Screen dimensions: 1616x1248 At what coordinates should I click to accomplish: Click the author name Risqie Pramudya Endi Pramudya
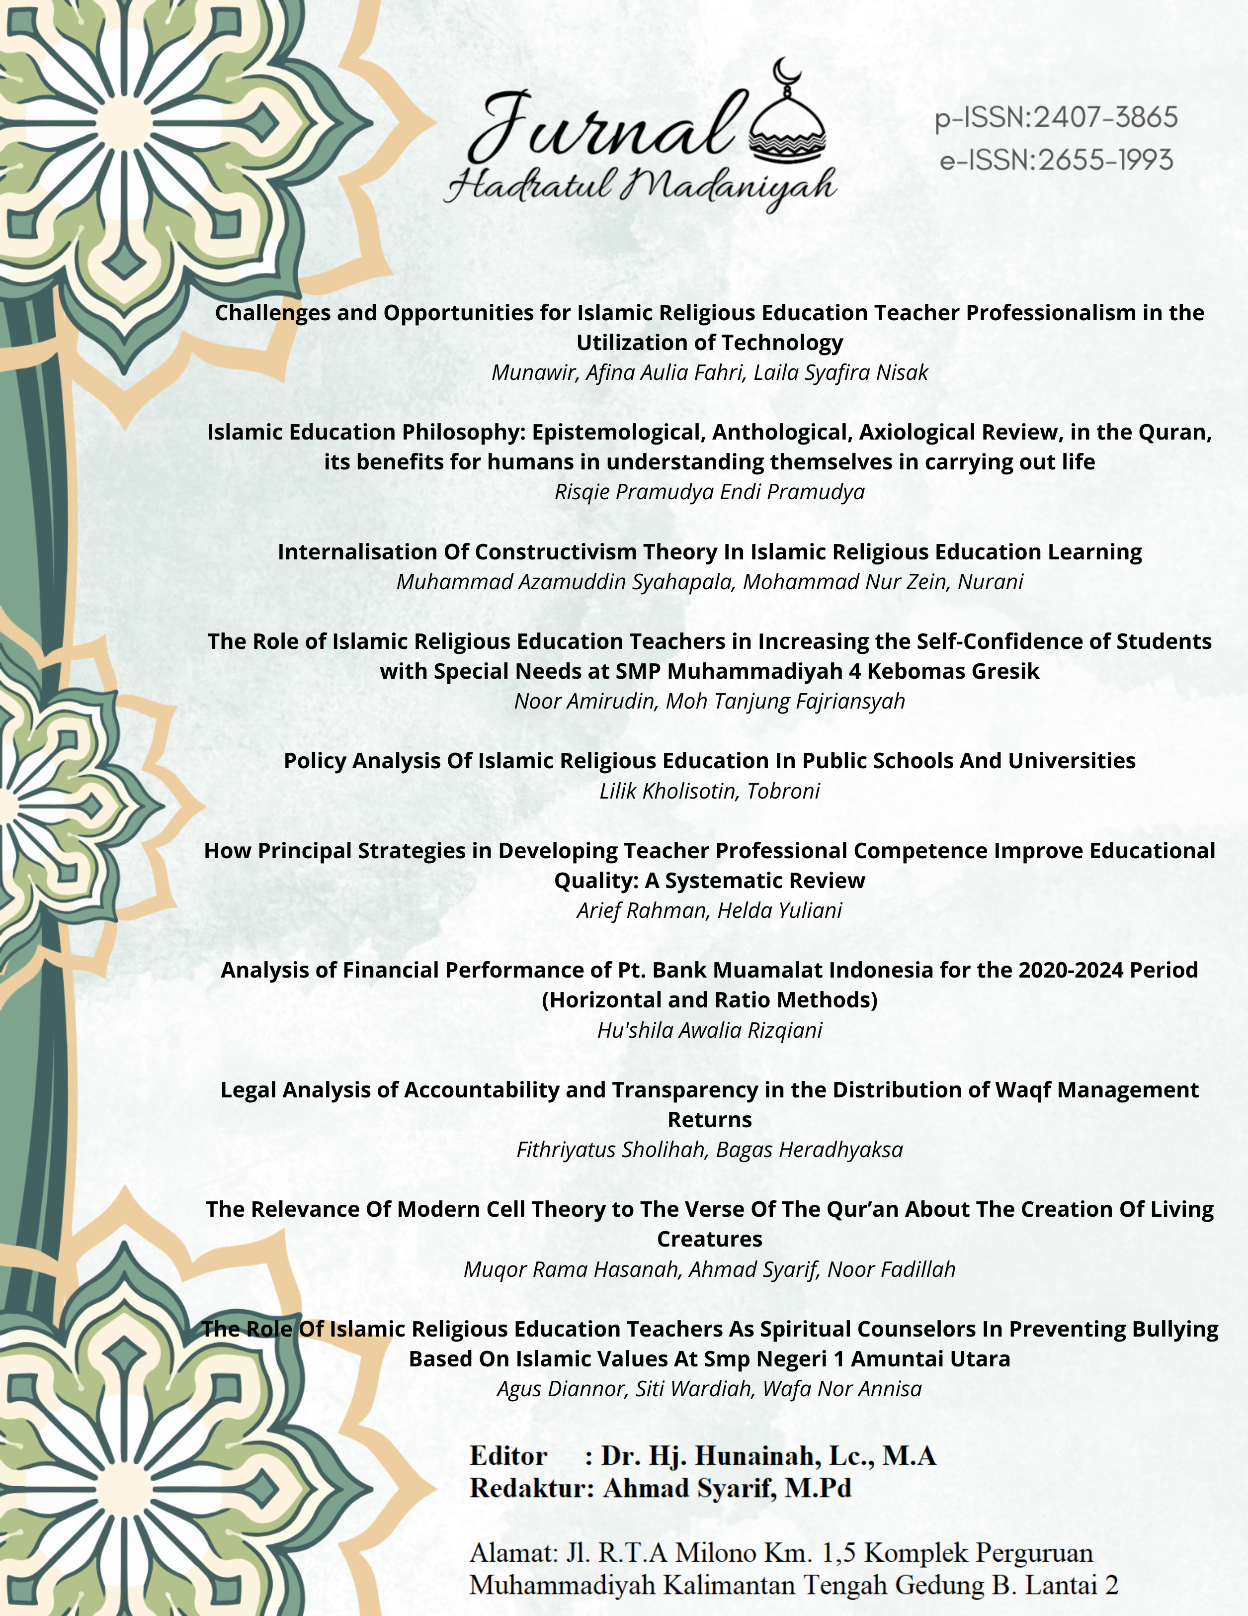[709, 492]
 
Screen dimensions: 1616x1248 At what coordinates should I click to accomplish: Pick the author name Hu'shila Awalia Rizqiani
[709, 1030]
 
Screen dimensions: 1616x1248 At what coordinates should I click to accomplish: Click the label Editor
[508, 1456]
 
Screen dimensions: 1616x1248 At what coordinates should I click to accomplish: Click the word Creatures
[709, 1240]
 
